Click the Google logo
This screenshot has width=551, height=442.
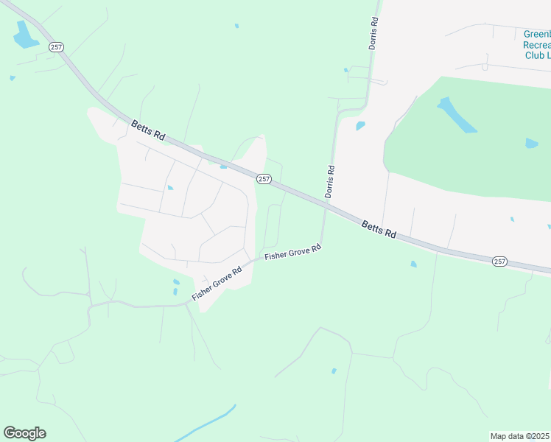tap(24, 433)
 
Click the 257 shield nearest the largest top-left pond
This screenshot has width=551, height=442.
tap(57, 46)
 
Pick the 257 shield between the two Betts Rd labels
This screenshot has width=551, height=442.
tap(264, 179)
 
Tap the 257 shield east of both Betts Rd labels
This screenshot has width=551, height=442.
tap(499, 261)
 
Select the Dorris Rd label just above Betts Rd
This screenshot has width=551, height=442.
tap(330, 180)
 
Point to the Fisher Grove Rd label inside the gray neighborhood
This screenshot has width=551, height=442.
tap(217, 284)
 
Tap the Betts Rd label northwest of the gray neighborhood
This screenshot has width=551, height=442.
tap(148, 130)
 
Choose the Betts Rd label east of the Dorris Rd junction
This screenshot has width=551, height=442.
tap(379, 229)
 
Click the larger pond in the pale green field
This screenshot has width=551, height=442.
tap(457, 115)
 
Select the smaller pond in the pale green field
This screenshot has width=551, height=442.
tap(531, 143)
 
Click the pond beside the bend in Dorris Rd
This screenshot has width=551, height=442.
tap(360, 126)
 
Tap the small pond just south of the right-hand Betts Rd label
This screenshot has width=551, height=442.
tap(413, 264)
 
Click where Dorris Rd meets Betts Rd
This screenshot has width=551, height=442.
tap(325, 206)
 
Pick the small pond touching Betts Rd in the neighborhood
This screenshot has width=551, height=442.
tap(222, 166)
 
